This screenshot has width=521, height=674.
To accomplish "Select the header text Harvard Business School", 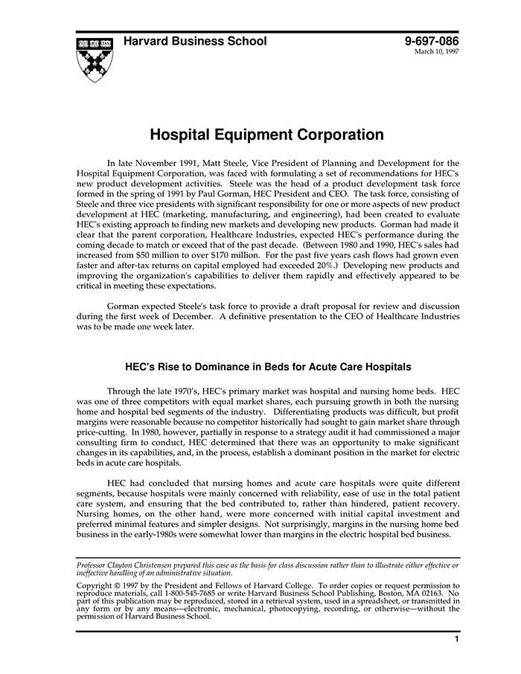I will pyautogui.click(x=195, y=42).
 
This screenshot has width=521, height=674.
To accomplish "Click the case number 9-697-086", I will pyautogui.click(x=432, y=42).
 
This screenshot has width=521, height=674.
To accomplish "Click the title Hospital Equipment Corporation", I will pyautogui.click(x=267, y=135).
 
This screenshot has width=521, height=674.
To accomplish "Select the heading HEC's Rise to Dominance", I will pyautogui.click(x=267, y=368).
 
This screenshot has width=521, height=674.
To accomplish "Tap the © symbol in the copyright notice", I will pyautogui.click(x=118, y=586).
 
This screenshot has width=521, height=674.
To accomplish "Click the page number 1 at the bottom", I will pyautogui.click(x=457, y=639).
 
